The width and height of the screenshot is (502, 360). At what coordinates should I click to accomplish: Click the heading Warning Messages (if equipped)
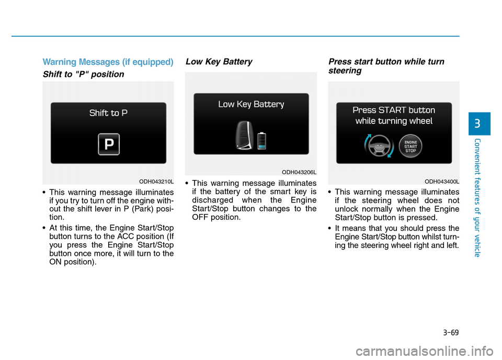(108, 62)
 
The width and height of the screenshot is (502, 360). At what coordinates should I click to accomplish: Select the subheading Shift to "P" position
(84, 74)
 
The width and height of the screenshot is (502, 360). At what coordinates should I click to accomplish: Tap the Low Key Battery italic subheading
(219, 62)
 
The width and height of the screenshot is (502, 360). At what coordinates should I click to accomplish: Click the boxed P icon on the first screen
(109, 144)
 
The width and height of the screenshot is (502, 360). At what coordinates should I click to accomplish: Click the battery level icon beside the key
(261, 140)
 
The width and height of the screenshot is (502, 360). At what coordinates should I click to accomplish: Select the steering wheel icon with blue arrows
(379, 147)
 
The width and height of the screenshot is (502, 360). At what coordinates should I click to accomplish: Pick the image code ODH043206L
(299, 172)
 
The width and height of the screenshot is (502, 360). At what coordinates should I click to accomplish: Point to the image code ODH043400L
(441, 181)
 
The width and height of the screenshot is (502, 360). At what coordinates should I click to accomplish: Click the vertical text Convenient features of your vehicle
(478, 196)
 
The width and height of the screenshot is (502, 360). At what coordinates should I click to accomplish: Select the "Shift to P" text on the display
(108, 113)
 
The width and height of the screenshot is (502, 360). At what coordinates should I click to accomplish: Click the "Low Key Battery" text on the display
(251, 104)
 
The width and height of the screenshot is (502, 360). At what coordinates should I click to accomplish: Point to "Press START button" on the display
(393, 110)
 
